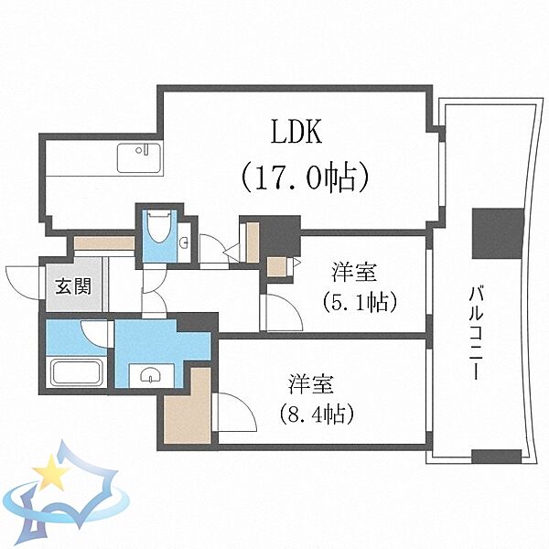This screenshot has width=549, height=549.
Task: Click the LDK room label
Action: (295, 134)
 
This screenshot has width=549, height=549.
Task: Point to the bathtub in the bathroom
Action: (77, 373)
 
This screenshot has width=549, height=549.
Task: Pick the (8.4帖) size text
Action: (314, 412)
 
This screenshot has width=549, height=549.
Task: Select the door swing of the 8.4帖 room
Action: (234, 412)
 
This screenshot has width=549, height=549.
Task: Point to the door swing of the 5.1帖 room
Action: (282, 311)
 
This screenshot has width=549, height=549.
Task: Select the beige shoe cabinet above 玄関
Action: (104, 243)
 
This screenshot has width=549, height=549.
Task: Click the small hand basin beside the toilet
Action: (186, 242)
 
